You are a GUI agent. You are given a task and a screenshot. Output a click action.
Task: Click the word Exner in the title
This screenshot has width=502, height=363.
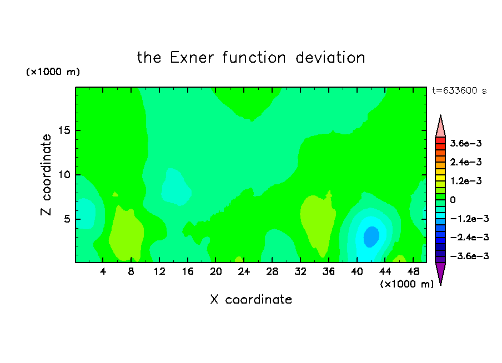192,58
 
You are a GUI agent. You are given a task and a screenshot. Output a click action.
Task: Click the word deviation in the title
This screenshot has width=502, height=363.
330,58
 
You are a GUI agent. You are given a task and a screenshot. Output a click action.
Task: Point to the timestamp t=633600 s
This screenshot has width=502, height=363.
459,90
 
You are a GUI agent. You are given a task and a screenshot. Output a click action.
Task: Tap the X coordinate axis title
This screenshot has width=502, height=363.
251,299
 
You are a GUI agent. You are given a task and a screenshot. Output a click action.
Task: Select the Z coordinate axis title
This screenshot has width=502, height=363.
46,175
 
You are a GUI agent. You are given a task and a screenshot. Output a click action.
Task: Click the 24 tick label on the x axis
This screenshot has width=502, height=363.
244,271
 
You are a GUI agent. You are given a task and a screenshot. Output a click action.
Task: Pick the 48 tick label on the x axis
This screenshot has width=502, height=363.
413,271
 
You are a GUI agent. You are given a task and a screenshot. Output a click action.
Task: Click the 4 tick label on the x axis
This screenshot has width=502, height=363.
103,271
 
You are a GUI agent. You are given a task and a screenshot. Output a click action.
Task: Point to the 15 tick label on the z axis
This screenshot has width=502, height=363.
64,130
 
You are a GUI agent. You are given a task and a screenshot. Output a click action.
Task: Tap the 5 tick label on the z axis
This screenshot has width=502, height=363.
67,219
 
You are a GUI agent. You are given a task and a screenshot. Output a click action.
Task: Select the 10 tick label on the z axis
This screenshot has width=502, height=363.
64,175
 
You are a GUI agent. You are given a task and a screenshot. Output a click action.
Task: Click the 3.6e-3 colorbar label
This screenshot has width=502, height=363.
466,143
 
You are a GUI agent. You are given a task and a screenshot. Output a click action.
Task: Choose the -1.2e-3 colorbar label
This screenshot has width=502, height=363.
469,219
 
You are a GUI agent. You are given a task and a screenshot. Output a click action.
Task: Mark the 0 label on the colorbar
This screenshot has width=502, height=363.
453,200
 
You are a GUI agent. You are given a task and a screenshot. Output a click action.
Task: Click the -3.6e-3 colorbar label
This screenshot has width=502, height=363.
469,256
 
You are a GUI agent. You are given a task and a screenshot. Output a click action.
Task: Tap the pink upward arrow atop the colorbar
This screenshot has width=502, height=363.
440,127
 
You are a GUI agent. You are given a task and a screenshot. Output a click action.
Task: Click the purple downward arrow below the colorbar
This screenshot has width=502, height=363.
440,273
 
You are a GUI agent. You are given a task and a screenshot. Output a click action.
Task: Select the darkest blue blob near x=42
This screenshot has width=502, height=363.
372,236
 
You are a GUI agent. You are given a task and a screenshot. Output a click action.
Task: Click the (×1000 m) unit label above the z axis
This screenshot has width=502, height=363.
53,72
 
